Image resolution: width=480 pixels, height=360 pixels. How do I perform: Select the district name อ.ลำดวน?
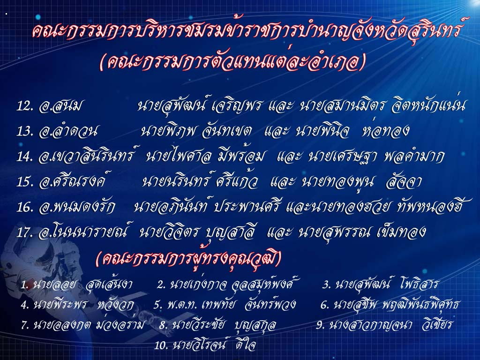click(x=68, y=131)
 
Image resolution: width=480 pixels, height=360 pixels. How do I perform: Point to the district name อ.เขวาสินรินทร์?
click(x=87, y=156)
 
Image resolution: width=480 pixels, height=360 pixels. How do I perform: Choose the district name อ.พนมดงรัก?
click(x=77, y=207)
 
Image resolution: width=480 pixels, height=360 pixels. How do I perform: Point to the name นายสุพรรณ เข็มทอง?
click(x=361, y=232)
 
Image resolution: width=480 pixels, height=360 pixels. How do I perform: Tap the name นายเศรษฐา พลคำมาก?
click(x=376, y=156)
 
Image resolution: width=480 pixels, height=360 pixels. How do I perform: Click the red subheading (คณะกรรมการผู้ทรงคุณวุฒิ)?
click(x=188, y=259)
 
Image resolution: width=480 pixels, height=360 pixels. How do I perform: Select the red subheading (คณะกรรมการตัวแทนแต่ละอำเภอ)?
click(x=232, y=62)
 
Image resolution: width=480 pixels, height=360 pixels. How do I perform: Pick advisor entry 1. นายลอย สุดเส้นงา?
click(x=76, y=285)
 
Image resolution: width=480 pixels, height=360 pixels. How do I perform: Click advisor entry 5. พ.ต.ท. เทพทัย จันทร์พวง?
click(x=225, y=305)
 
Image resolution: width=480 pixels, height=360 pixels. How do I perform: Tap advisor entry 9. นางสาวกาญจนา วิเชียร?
click(x=384, y=324)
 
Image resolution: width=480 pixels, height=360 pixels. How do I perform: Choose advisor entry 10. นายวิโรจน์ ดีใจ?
click(x=204, y=345)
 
